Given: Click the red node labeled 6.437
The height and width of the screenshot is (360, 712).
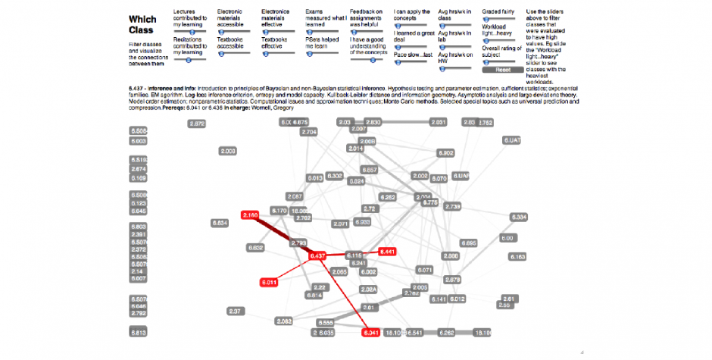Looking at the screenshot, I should (x=317, y=256).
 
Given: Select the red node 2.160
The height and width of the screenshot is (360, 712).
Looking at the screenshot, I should (x=250, y=216).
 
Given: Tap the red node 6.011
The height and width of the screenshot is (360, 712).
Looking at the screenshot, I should (x=269, y=282).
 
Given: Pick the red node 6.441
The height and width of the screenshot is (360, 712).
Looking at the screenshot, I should (x=387, y=251).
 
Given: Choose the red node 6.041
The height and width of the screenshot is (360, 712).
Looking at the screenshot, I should (x=371, y=333).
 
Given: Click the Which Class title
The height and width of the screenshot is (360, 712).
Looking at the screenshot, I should (x=142, y=25).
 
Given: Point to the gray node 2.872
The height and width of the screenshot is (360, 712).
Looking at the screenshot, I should (x=197, y=124).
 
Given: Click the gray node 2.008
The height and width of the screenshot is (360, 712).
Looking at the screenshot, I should (x=228, y=151).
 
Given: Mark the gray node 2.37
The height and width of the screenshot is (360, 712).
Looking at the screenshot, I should (x=235, y=311).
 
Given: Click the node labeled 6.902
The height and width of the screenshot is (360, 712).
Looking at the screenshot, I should (x=445, y=153).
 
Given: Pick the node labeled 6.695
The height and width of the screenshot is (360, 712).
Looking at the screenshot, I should (x=468, y=243).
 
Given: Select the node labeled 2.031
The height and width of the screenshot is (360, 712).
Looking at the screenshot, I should (x=438, y=122).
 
